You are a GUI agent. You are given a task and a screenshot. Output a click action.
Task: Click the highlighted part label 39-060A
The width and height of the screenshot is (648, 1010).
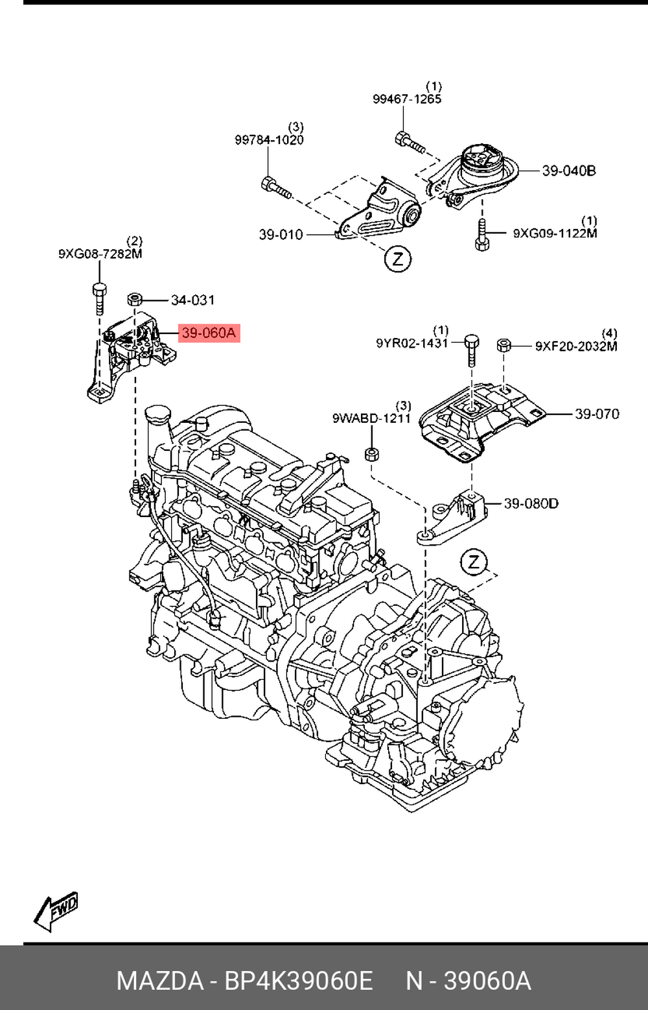click(x=209, y=333)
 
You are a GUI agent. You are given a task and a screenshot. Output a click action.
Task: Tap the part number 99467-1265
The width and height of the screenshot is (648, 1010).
click(x=407, y=99)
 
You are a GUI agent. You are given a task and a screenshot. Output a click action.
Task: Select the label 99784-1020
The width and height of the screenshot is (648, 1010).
click(x=269, y=140)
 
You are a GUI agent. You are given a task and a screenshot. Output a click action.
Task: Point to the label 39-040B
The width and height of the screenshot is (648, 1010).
click(x=568, y=171)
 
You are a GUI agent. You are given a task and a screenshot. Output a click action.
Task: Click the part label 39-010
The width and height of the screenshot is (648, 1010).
click(x=281, y=235)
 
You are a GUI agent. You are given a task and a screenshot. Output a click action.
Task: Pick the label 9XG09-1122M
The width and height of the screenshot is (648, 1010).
click(x=555, y=233)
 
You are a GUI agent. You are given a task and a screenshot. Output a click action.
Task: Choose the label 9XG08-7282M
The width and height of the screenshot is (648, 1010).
click(x=100, y=254)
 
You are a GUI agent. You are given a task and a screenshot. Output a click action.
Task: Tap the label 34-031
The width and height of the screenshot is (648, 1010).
click(x=192, y=300)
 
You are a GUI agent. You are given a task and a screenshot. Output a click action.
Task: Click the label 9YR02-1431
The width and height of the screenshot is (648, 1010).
click(x=412, y=343)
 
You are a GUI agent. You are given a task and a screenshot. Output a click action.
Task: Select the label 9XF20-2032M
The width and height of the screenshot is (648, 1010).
click(x=576, y=346)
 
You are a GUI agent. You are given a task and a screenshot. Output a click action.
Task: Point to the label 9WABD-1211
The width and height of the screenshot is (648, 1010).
click(x=372, y=418)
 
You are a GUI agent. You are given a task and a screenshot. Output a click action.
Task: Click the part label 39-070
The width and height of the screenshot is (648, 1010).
click(x=597, y=414)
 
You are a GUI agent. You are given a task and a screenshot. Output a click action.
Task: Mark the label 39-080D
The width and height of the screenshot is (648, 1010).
click(x=531, y=503)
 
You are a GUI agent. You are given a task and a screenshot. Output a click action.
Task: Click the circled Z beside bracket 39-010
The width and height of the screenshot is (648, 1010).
click(x=397, y=259)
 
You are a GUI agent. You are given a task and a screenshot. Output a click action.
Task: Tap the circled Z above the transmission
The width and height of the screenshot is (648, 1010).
click(x=474, y=562)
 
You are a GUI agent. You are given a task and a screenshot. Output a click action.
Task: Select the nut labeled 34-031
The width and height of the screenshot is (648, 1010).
click(x=135, y=300)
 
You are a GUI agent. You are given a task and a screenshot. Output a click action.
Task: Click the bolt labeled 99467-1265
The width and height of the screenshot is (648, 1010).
click(x=408, y=142)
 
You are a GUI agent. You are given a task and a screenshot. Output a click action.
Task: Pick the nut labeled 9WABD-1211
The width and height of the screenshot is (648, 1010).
click(x=371, y=453)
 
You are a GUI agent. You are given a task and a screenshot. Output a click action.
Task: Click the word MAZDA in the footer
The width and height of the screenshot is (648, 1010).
click(x=159, y=980)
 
